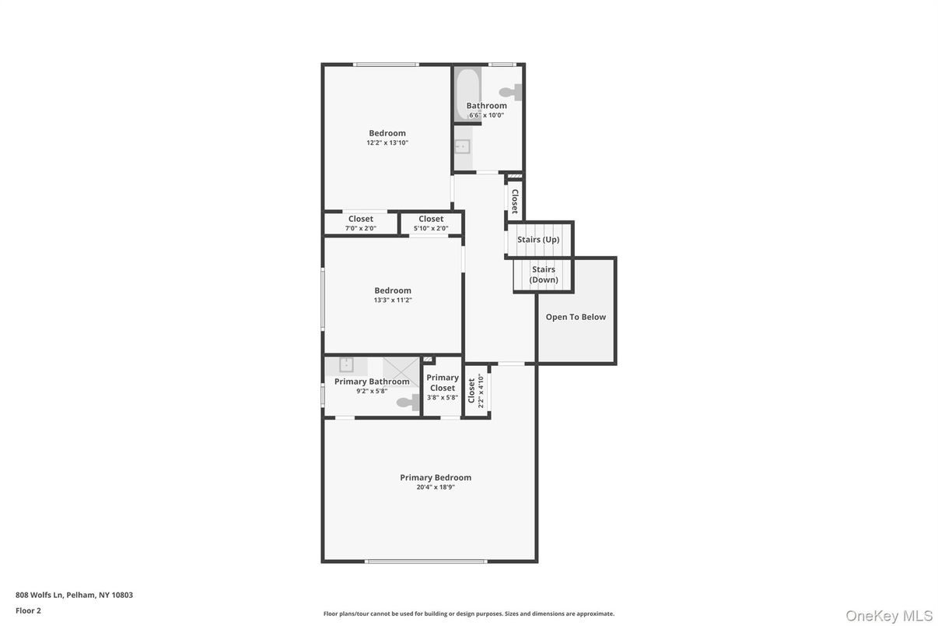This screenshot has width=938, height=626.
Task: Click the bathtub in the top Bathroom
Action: click(467, 93)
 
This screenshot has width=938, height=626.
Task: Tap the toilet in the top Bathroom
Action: click(513, 92)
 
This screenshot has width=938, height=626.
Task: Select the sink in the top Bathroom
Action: click(462, 146)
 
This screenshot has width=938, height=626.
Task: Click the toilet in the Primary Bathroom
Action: click(408, 402)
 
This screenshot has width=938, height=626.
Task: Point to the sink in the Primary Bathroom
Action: click(346, 364)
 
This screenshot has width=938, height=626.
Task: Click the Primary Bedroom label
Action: click(436, 477)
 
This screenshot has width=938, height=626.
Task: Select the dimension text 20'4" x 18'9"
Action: click(436, 487)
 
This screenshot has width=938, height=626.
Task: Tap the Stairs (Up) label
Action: click(538, 240)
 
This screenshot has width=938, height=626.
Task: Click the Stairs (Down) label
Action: click(544, 274)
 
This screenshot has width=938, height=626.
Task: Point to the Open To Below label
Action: click(576, 317)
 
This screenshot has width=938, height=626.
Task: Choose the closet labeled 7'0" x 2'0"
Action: click(361, 223)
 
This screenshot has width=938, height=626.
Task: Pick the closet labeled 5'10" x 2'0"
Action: click(431, 223)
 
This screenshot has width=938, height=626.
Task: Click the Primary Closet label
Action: click(443, 382)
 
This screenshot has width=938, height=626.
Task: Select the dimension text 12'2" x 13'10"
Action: click(387, 143)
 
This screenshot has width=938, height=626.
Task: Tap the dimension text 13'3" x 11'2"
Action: click(393, 301)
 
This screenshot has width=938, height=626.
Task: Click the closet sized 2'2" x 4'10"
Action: click(476, 391)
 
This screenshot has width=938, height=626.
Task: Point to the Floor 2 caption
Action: click(28, 610)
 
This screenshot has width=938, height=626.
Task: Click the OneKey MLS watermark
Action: click(888, 616)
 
